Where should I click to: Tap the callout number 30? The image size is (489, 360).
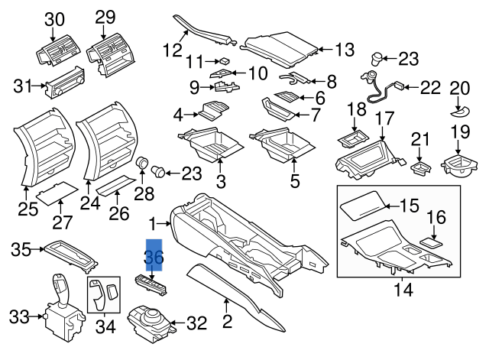(54, 19)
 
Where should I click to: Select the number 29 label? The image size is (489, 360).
(105, 17)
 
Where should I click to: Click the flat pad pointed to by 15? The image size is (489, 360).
(362, 206)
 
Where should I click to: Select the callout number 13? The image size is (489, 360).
(345, 50)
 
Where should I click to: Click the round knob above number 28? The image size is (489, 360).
(141, 163)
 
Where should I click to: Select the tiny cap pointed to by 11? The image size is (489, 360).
(224, 60)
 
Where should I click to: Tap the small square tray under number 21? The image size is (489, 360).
(419, 165)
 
